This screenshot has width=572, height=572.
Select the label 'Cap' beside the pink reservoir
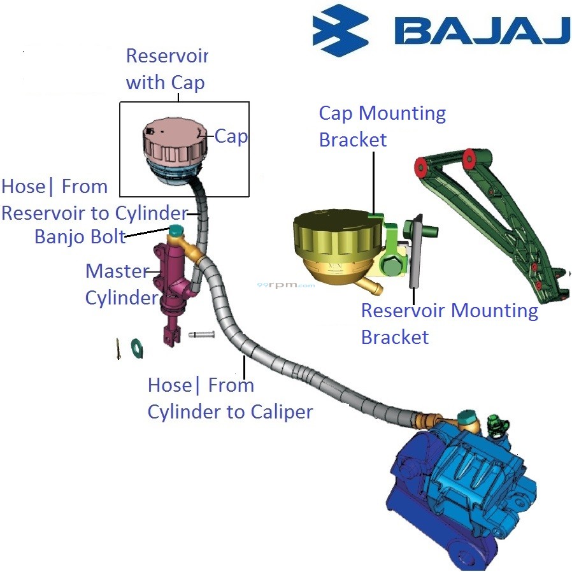pyautogui.click(x=231, y=136)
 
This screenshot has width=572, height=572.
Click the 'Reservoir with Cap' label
pyautogui.click(x=167, y=69)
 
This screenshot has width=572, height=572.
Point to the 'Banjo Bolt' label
pyautogui.click(x=80, y=236)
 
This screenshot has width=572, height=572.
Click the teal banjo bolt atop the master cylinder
pyautogui.click(x=175, y=230)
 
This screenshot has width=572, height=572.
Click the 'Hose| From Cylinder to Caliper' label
pyautogui.click(x=229, y=398)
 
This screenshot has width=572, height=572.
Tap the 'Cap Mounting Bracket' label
pyautogui.click(x=382, y=126)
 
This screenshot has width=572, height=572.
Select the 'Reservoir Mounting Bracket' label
pyautogui.click(x=449, y=324)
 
